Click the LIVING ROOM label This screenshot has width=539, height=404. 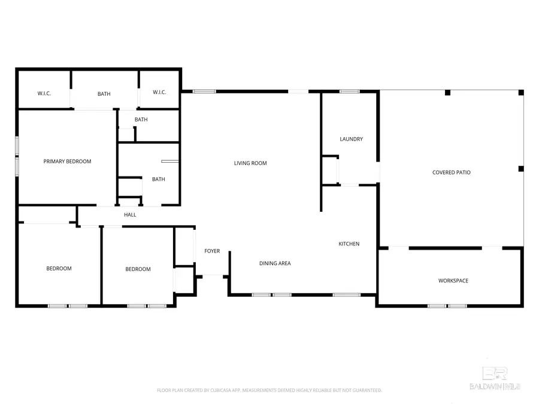click(250, 163)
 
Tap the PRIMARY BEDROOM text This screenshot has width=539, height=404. click(67, 161)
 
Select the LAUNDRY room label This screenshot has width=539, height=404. click(351, 139)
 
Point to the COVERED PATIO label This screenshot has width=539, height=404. click(451, 172)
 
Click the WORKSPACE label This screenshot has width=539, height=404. click(453, 281)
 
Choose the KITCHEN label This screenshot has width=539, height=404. click(349, 244)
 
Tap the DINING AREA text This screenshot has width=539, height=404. click(275, 263)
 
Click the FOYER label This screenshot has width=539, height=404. click(212, 251)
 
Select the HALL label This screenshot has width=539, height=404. click(130, 214)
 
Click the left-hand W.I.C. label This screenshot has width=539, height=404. click(44, 93)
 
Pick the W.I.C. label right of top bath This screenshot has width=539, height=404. click(159, 92)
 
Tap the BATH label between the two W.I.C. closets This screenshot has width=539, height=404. click(104, 93)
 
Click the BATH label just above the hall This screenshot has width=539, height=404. click(158, 179)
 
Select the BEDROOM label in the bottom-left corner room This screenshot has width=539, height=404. click(59, 268)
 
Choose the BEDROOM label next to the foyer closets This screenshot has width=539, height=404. click(138, 269)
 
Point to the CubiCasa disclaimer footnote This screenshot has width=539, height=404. click(269, 390)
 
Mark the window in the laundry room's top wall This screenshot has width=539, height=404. click(349, 92)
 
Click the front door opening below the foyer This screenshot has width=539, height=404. click(212, 276)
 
